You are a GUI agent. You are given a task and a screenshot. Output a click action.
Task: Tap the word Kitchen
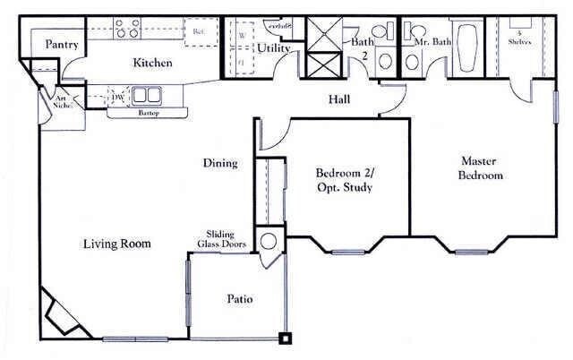click(x=152, y=64)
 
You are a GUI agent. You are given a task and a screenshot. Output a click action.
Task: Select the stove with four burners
click(x=127, y=29)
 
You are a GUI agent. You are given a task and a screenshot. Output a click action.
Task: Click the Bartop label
click(x=148, y=114)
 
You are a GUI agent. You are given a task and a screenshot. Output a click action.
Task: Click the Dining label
click(x=219, y=163)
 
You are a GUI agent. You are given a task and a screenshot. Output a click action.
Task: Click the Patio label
click(x=238, y=299)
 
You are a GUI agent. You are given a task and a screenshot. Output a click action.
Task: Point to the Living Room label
click(x=116, y=244)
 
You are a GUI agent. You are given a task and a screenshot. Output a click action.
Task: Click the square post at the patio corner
click(x=285, y=339)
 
